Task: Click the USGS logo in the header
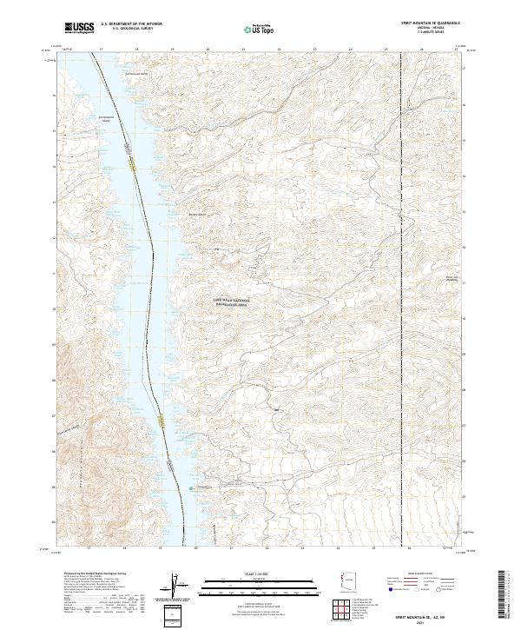pos(79,28)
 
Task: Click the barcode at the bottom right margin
pos(505,596)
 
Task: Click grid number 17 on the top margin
pos(102,49)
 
